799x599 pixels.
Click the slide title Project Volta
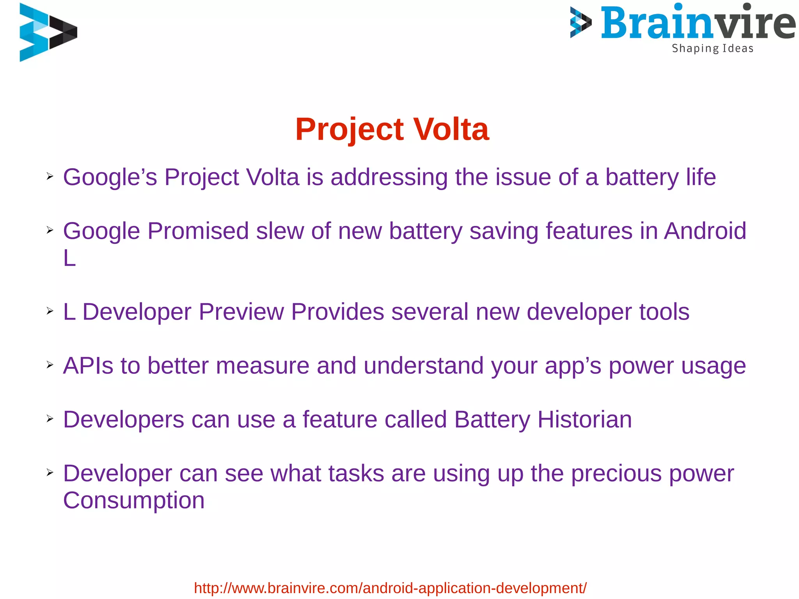point(392,130)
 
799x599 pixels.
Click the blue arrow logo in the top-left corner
point(48,32)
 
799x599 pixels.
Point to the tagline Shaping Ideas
point(712,48)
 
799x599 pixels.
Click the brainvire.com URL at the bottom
point(390,588)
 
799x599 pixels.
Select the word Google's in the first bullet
point(110,178)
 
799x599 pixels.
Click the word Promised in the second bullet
point(198,231)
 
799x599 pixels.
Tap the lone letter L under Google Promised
point(69,258)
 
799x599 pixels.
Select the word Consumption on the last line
point(134,500)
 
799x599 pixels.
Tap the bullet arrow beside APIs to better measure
point(50,365)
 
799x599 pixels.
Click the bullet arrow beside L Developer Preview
point(50,311)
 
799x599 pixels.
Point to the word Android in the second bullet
point(705,231)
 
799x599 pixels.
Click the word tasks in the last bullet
point(356,474)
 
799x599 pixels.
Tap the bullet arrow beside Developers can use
point(50,419)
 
